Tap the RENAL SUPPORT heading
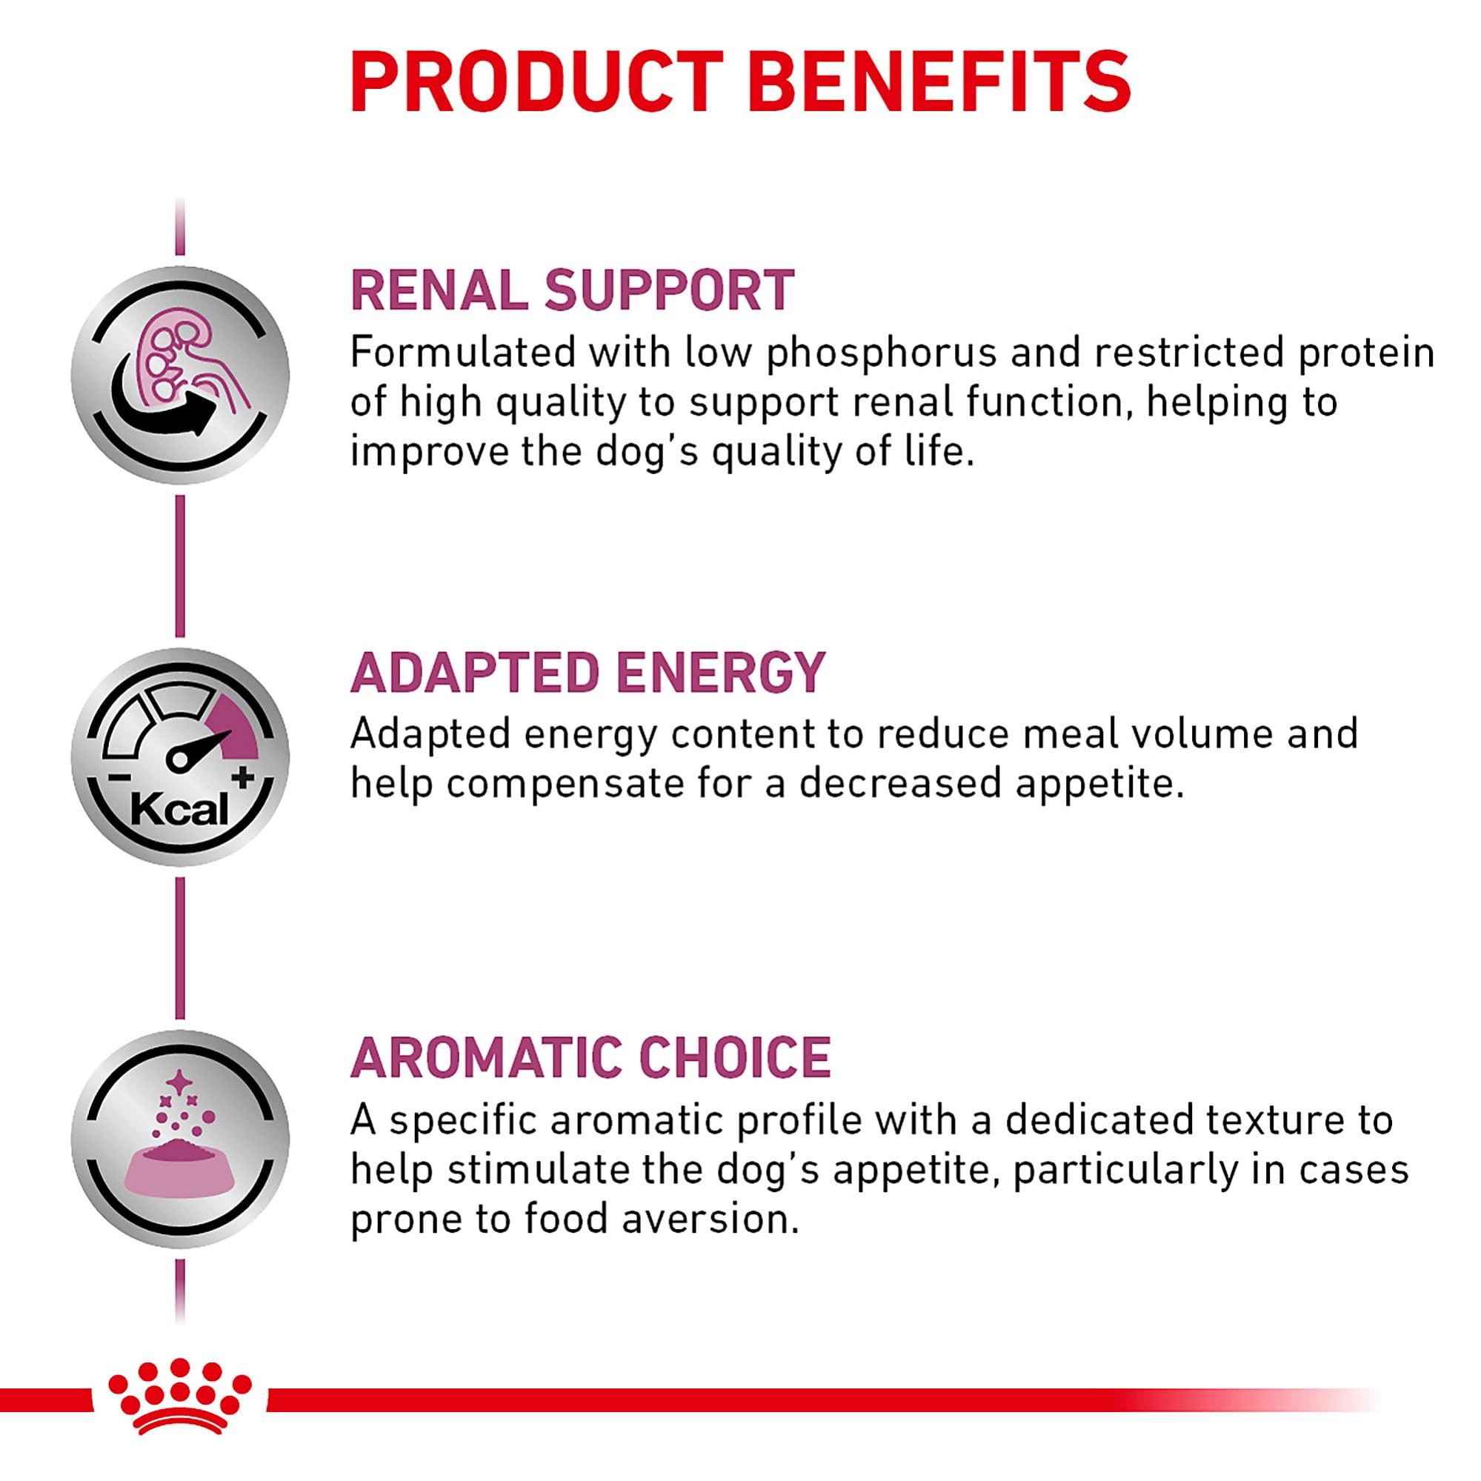pos(572,290)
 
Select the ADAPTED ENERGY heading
pos(588,672)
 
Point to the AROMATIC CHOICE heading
pos(590,1057)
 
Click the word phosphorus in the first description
pos(881,354)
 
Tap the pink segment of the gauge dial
pos(233,720)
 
